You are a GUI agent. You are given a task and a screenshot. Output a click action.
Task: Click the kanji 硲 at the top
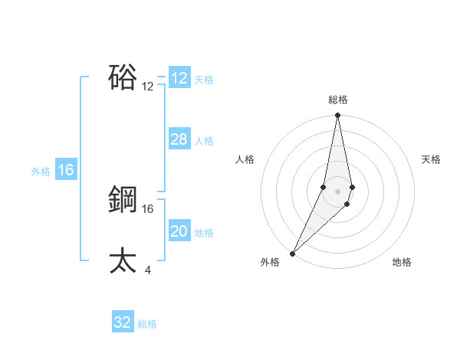(x=123, y=77)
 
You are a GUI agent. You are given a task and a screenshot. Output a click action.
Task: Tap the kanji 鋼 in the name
(x=123, y=200)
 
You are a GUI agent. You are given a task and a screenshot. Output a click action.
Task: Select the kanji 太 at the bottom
(x=123, y=260)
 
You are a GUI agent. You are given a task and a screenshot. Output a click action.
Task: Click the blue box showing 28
(x=179, y=139)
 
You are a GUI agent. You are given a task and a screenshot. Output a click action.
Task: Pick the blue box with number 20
(x=179, y=231)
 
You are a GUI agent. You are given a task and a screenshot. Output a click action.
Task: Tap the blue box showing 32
(x=123, y=322)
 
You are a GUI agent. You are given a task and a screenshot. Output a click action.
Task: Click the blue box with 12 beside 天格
(x=179, y=78)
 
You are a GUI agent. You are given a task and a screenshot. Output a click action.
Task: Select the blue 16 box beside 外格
(x=66, y=170)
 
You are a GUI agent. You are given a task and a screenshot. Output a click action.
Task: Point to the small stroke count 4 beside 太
(x=148, y=270)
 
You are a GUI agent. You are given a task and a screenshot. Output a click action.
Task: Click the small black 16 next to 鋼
(x=148, y=208)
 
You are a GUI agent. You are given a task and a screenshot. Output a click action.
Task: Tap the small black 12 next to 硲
(x=148, y=87)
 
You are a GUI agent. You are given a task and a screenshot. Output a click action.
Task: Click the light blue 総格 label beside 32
(x=147, y=324)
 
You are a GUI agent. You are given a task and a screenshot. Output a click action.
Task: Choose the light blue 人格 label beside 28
(x=204, y=141)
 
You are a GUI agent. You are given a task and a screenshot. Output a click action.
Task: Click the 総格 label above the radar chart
(x=338, y=100)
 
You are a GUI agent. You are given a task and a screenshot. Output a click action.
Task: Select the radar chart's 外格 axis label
(x=270, y=263)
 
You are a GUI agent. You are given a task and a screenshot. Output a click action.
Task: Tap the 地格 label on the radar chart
(x=402, y=263)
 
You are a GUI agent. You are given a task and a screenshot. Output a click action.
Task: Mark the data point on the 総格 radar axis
(x=338, y=116)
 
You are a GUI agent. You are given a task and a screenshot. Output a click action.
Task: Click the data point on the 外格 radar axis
(x=293, y=253)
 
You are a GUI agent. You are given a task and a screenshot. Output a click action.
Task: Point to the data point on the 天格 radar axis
(x=352, y=187)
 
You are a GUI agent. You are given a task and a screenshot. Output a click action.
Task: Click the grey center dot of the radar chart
(x=338, y=191)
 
